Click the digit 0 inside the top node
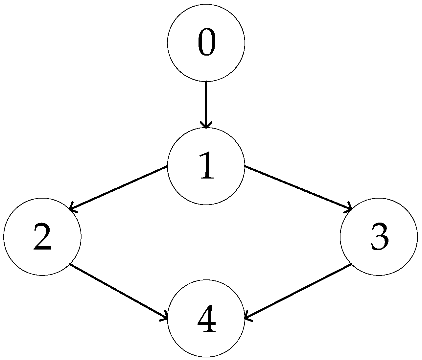coord(206,42)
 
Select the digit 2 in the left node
coord(42,236)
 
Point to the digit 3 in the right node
coord(379,236)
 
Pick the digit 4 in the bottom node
coord(206,319)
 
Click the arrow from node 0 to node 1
coord(206,105)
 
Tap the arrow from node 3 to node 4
coord(298,291)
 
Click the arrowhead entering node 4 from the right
coord(247,318)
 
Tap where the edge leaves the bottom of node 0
coord(206,82)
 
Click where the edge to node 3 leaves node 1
coord(245,167)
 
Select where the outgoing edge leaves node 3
coord(351,264)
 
